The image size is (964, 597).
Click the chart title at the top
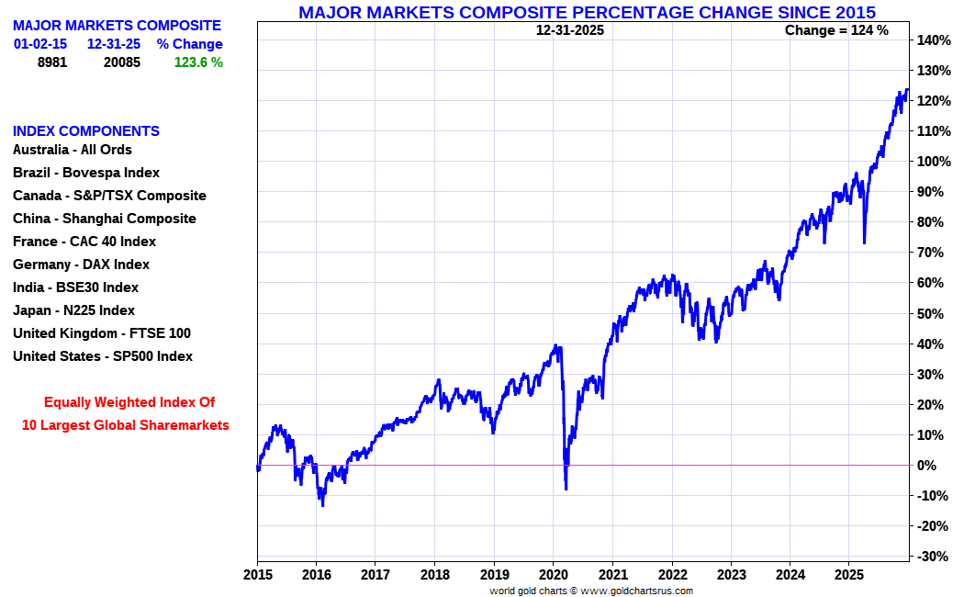pyautogui.click(x=587, y=12)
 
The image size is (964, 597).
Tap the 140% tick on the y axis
pyautogui.click(x=933, y=40)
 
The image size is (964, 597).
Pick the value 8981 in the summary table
pyautogui.click(x=52, y=62)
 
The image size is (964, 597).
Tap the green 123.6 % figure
pyautogui.click(x=198, y=62)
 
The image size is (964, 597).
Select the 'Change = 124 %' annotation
pyautogui.click(x=836, y=30)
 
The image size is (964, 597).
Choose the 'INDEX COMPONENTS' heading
pyautogui.click(x=86, y=131)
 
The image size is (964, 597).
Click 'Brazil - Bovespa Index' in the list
pyautogui.click(x=86, y=173)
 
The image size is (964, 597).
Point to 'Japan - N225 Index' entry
pyautogui.click(x=73, y=310)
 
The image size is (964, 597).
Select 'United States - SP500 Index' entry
pyautogui.click(x=103, y=356)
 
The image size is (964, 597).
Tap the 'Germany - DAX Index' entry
pyautogui.click(x=81, y=265)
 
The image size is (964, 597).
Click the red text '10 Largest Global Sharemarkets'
pyautogui.click(x=126, y=425)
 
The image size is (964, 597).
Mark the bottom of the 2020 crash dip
pyautogui.click(x=566, y=489)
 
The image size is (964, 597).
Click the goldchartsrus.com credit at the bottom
pyautogui.click(x=591, y=591)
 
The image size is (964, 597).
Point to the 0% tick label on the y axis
pyautogui.click(x=928, y=466)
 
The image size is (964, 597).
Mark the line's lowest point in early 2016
pyautogui.click(x=322, y=505)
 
